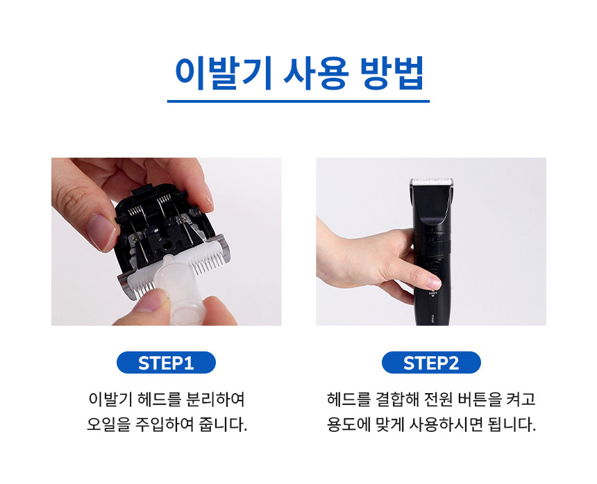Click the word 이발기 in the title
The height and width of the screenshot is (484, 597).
coord(223,73)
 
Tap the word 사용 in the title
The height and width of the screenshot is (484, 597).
coord(316,73)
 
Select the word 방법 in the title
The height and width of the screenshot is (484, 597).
coord(392,73)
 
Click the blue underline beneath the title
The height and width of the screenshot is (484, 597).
coord(298,101)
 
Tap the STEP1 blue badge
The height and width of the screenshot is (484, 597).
coord(166,362)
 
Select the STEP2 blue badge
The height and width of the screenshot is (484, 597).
coord(431,362)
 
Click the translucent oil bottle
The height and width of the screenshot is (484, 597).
coord(179,290)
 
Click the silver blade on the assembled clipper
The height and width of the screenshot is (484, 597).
coord(431,181)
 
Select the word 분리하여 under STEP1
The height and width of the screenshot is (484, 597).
coord(215,399)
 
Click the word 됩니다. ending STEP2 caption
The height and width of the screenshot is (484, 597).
coord(512,424)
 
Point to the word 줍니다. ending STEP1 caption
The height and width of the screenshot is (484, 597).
coord(223,424)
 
